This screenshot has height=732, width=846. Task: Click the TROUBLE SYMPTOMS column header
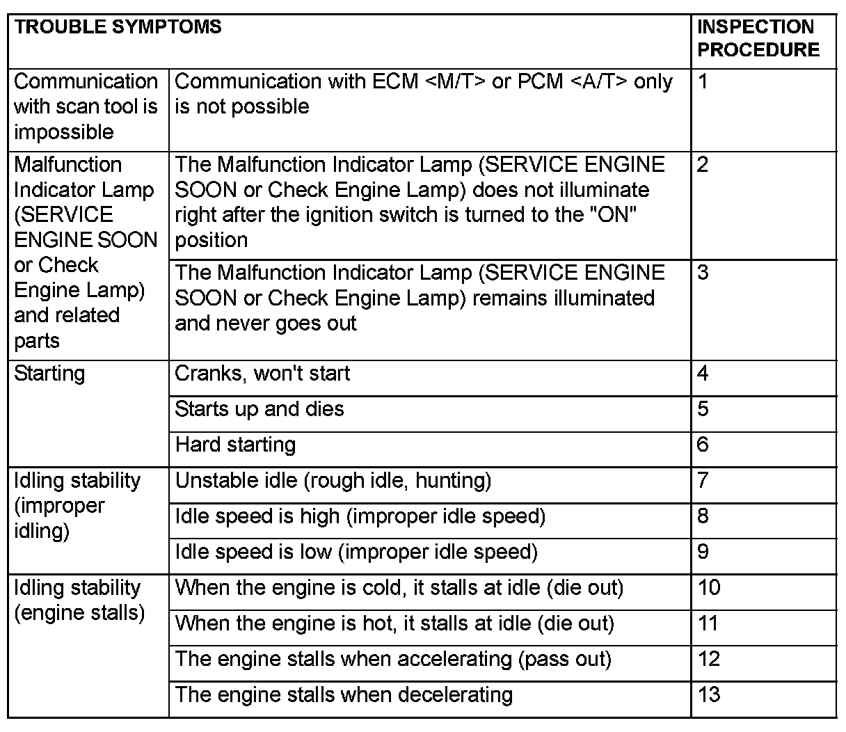click(118, 28)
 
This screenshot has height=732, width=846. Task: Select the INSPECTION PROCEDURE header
click(758, 39)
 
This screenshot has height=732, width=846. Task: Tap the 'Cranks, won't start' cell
click(262, 374)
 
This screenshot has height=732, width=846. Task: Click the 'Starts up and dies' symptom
click(260, 409)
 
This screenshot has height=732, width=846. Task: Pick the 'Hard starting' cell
click(235, 445)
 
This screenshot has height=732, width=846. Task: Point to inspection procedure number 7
click(703, 481)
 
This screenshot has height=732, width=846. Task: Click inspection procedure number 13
click(710, 695)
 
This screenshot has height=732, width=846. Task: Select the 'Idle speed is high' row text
click(360, 517)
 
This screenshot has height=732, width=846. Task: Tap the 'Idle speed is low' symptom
click(356, 552)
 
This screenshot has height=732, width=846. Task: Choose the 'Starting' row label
click(49, 374)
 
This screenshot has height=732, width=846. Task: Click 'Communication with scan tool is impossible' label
click(86, 106)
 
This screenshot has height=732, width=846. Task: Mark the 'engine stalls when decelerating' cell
click(344, 695)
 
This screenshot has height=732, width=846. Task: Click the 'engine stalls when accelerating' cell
click(393, 659)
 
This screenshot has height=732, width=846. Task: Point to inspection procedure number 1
click(703, 82)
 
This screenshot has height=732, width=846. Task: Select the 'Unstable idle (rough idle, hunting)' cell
click(333, 481)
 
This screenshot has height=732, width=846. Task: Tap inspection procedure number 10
click(710, 588)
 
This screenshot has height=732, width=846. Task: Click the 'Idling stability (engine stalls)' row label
click(79, 600)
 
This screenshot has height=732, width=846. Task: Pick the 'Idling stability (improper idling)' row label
click(77, 506)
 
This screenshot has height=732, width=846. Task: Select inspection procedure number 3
click(703, 273)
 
